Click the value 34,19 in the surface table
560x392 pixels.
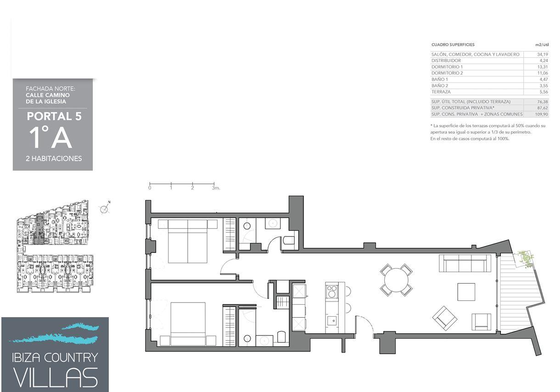[x=543, y=54]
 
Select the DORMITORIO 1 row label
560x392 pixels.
[x=447, y=67]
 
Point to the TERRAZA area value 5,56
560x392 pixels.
[x=544, y=92]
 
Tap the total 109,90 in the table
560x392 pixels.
[x=542, y=114]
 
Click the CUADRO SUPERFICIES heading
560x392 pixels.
[x=453, y=45]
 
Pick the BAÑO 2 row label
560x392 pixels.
[x=439, y=85]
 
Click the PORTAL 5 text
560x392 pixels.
[x=54, y=116]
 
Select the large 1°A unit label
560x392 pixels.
[x=51, y=138]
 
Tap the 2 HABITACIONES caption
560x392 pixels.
[x=54, y=158]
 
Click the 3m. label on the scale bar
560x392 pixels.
[x=216, y=188]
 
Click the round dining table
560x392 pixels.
[x=396, y=280]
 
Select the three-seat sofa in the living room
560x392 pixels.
[x=465, y=263]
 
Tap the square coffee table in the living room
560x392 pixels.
[x=466, y=292]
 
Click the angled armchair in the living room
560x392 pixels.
[x=445, y=319]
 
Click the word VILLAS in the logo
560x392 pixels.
[x=55, y=378]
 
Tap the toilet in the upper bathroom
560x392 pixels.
[x=289, y=240]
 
